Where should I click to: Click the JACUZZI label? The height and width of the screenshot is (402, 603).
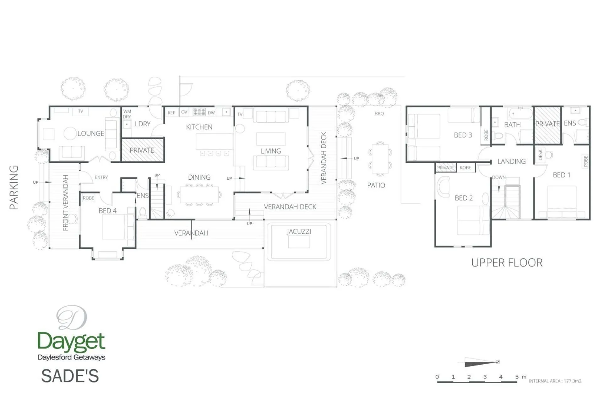pos(299,231)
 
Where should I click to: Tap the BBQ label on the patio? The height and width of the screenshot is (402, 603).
pos(379,114)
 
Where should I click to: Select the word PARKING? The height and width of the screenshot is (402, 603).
pos(14,187)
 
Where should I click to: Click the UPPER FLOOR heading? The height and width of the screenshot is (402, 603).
pos(507,263)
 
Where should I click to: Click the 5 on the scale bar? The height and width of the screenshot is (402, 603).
pos(517,377)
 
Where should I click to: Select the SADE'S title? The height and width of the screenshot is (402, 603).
pos(70,376)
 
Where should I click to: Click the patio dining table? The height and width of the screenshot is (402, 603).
pos(380,159)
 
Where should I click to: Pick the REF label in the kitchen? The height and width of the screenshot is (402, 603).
pos(171,112)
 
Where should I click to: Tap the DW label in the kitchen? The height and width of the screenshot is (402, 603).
pos(211,112)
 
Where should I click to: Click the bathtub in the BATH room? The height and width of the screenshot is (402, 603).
pos(520,113)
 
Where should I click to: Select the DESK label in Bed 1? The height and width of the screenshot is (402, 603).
pos(540,155)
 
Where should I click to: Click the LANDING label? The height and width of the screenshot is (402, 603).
pos(511,161)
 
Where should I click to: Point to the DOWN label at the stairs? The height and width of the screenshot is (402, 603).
pos(499,177)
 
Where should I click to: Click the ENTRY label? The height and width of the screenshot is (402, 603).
pos(101,177)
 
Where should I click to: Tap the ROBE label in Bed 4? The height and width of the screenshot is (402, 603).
pos(88,198)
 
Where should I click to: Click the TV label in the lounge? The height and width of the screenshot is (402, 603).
pos(81,111)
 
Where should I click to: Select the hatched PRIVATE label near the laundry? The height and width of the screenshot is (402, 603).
pos(142,150)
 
